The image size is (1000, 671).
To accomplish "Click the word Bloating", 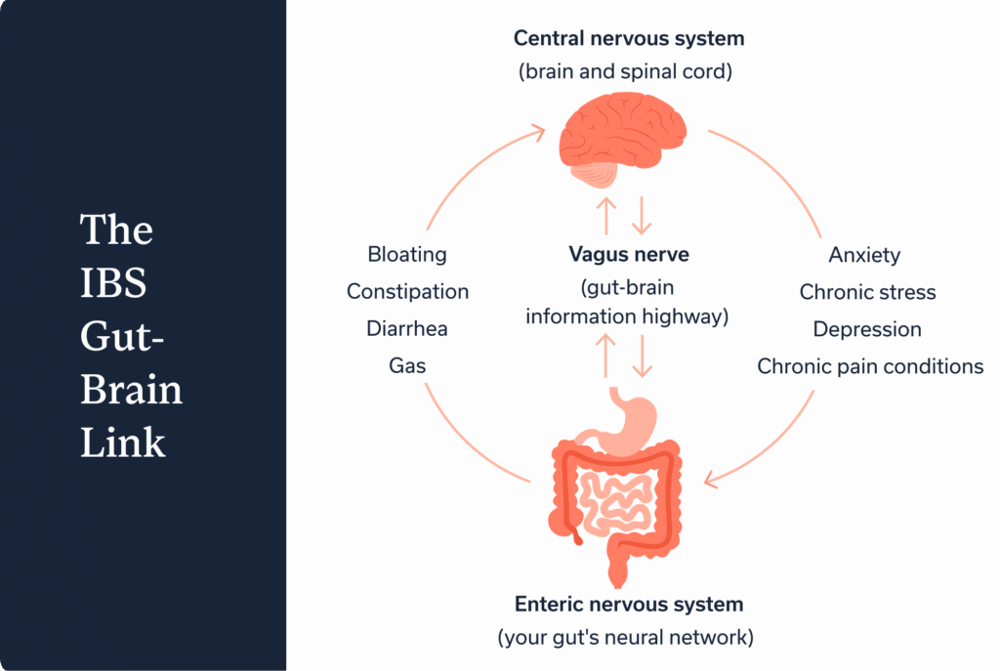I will [x=407, y=255].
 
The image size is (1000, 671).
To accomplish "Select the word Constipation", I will [x=407, y=292].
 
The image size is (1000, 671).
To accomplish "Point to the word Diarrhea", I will [x=407, y=329].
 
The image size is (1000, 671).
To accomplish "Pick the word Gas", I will [x=407, y=366].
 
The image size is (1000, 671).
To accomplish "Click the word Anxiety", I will [x=864, y=255].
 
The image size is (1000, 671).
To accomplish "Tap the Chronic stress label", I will [x=867, y=292].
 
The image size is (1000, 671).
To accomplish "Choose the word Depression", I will [x=867, y=329].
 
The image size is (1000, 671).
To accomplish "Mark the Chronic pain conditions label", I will [x=870, y=367].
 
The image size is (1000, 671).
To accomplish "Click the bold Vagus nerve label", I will [x=629, y=255].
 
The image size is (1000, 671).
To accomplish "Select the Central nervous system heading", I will [x=629, y=39].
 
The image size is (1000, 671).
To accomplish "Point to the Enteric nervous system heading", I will [x=629, y=604].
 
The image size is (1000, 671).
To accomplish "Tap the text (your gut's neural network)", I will [x=629, y=639].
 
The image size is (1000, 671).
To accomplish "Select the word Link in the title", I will [x=122, y=442].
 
